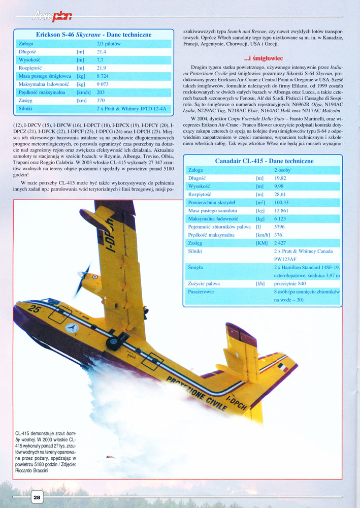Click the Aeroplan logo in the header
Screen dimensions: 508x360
[52, 16]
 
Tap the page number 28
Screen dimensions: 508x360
[37, 497]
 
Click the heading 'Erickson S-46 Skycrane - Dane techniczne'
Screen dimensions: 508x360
[93, 35]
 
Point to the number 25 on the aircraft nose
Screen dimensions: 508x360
[35, 308]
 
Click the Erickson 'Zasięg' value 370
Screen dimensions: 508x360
[101, 101]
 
